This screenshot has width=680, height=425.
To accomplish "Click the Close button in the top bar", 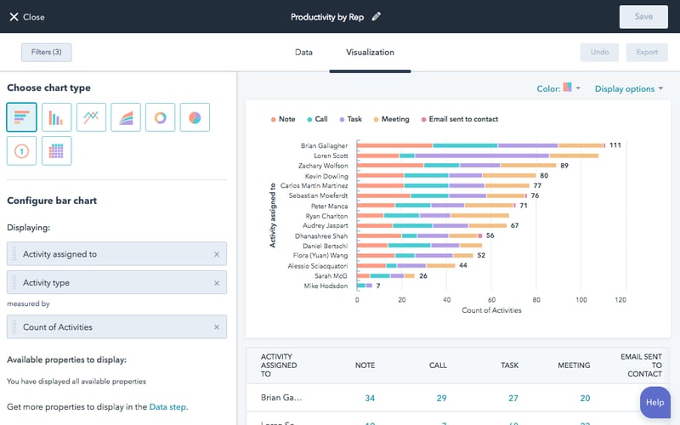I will click(26, 17).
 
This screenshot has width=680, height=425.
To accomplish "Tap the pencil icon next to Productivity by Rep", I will click(377, 16).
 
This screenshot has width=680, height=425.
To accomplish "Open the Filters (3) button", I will click(46, 53).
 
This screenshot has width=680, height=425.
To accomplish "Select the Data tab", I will click(303, 53).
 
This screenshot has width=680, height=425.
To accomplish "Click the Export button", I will click(647, 53).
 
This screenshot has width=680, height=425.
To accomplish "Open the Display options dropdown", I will click(629, 88).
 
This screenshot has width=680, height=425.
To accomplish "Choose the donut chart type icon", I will click(160, 117).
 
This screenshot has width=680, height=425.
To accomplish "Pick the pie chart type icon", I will click(195, 117).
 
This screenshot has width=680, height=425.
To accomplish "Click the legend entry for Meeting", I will click(391, 120).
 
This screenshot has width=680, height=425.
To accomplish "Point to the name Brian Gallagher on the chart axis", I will click(324, 145).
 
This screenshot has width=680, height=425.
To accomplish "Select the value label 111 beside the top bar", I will click(615, 145).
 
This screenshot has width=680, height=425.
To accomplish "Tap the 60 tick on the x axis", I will click(490, 300).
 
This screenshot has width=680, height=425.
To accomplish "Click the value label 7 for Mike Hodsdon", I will click(378, 286).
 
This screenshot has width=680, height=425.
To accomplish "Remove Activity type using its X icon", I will click(216, 283).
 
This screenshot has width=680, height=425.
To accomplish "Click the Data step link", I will click(167, 407).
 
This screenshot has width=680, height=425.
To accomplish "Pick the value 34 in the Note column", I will click(369, 398).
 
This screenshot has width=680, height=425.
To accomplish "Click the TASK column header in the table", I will click(509, 365).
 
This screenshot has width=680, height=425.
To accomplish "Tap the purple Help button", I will click(654, 402).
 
